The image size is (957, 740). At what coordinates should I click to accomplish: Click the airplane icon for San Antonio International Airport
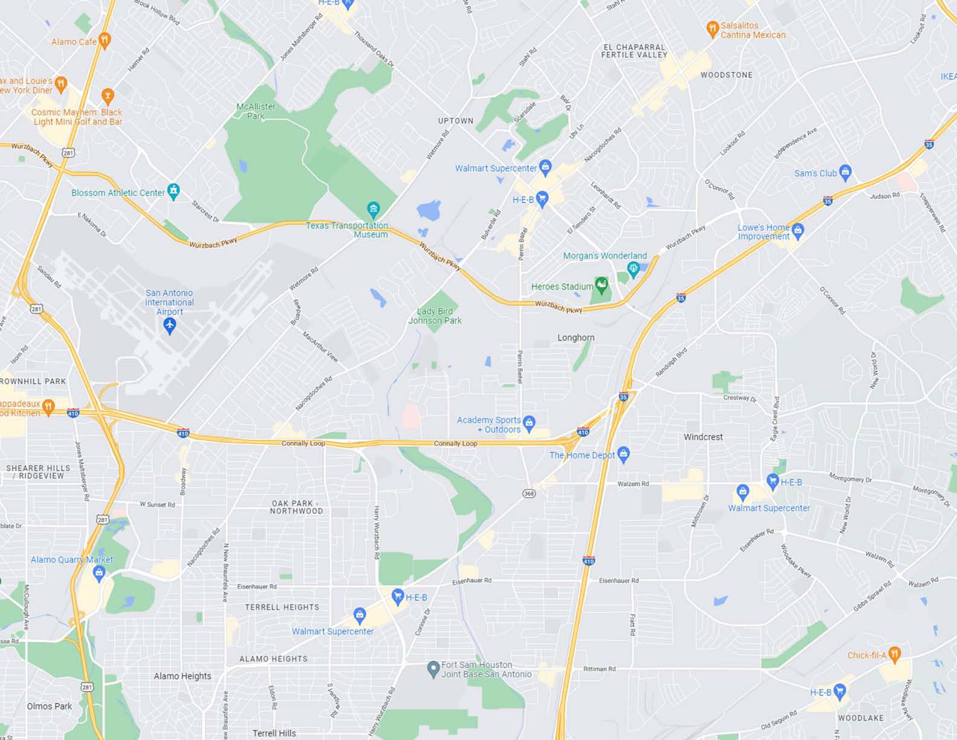[170, 325]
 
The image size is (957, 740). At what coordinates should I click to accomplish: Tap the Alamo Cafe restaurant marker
[104, 41]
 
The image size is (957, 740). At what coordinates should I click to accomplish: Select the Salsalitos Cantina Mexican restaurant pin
[713, 29]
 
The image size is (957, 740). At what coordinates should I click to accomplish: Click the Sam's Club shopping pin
[845, 172]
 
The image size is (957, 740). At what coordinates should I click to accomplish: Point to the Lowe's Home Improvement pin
[798, 231]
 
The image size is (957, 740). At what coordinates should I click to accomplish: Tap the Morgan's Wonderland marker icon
[633, 268]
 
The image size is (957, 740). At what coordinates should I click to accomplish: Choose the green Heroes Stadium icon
[602, 285]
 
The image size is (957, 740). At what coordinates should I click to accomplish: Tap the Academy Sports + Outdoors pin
[529, 423]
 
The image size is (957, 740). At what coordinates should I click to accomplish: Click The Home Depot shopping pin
[623, 454]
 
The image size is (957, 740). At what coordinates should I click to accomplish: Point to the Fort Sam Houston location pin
[433, 669]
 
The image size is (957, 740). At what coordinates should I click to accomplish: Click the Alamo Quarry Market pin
[99, 572]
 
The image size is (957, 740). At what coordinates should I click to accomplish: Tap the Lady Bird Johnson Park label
[435, 316]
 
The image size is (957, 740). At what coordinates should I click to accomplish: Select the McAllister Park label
[256, 111]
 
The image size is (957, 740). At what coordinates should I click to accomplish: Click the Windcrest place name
[703, 437]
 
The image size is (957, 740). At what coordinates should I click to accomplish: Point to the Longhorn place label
[576, 337]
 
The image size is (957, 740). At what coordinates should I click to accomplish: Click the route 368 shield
[529, 494]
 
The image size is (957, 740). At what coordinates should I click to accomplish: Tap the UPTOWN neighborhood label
[456, 121]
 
